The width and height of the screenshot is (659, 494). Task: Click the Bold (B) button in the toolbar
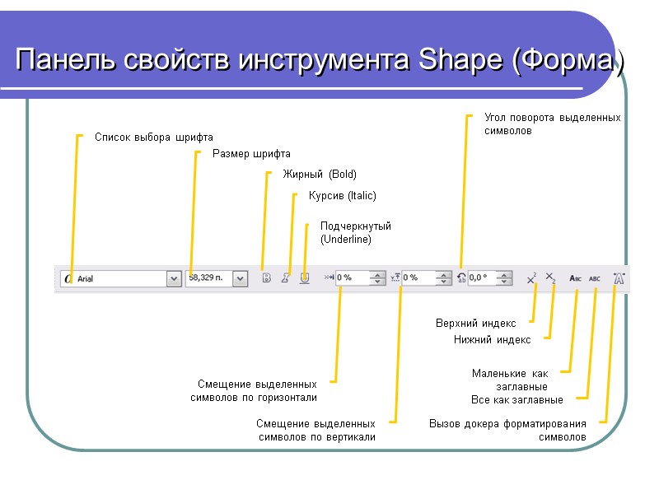point(266,278)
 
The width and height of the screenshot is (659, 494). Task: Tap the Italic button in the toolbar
point(285,278)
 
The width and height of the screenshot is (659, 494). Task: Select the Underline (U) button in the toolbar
point(305,278)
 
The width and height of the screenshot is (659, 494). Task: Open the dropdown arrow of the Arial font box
point(174,279)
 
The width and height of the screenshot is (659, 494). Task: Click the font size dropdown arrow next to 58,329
point(240,279)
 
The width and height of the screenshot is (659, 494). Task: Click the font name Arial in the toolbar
point(86,279)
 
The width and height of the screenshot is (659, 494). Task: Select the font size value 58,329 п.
point(206,278)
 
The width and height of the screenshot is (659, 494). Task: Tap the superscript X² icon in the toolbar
point(532,279)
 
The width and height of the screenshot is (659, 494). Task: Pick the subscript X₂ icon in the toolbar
point(552,279)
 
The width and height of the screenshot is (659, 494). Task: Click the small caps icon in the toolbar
point(576,279)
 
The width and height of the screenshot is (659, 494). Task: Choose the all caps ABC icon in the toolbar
point(595,279)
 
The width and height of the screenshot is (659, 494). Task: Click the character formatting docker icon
point(619,278)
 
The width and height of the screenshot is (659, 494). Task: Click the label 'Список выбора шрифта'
point(153,137)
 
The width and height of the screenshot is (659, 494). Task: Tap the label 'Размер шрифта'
point(251,154)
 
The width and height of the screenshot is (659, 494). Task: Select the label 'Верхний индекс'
point(475,324)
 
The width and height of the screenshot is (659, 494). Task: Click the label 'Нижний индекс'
point(492,339)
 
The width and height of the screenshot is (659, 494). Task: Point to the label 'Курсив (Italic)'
point(342,196)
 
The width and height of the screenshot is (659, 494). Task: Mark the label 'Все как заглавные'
point(516,400)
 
